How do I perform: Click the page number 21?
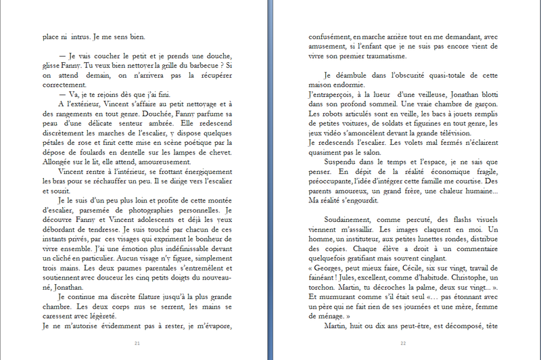click(x=137, y=344)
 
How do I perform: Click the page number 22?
click(x=403, y=344)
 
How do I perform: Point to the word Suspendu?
click(x=343, y=163)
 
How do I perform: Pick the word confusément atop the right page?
click(x=329, y=37)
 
